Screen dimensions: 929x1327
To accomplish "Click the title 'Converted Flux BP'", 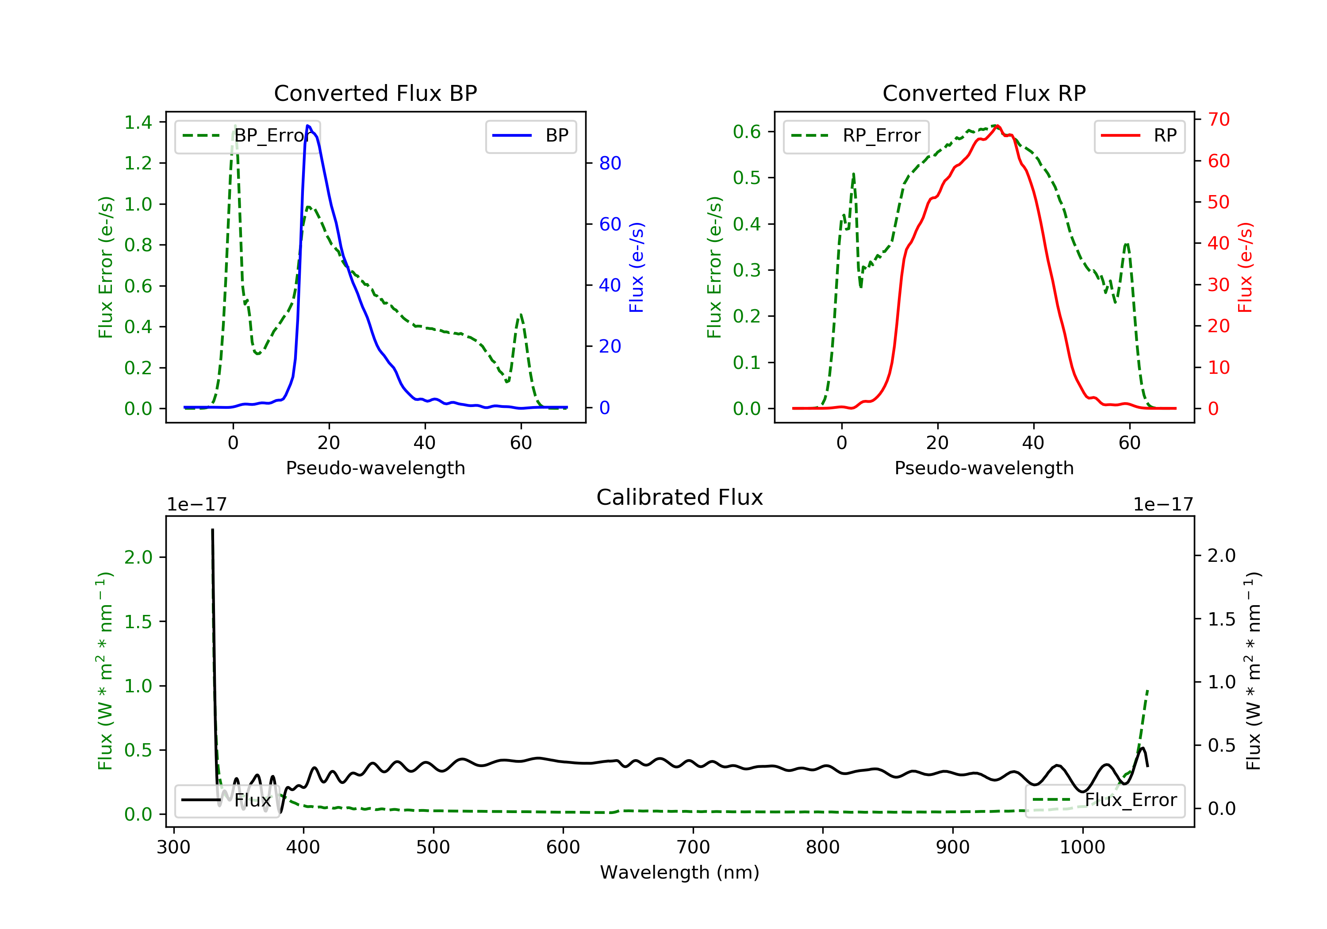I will click(x=375, y=93).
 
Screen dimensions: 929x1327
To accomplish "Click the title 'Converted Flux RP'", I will click(x=984, y=93).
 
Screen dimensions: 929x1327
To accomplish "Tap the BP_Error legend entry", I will click(x=247, y=136).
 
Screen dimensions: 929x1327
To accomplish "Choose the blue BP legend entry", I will click(x=530, y=136).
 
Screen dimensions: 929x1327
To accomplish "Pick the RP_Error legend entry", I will click(x=855, y=136).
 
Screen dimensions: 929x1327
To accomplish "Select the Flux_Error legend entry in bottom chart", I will click(x=1105, y=800).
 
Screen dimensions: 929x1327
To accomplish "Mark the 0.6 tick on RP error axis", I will click(x=747, y=132).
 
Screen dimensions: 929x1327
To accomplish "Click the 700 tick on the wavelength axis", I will click(x=693, y=848).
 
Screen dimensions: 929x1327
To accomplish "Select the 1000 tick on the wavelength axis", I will click(x=1082, y=848).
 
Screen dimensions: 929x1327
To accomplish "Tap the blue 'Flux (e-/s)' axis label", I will click(x=637, y=268).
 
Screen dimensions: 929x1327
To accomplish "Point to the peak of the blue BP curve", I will click(x=308, y=126).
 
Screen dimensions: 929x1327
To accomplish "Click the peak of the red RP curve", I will click(x=997, y=126).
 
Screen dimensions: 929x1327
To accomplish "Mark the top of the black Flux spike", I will click(x=213, y=530).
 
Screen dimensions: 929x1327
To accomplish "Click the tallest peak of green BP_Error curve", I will click(x=234, y=126).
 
